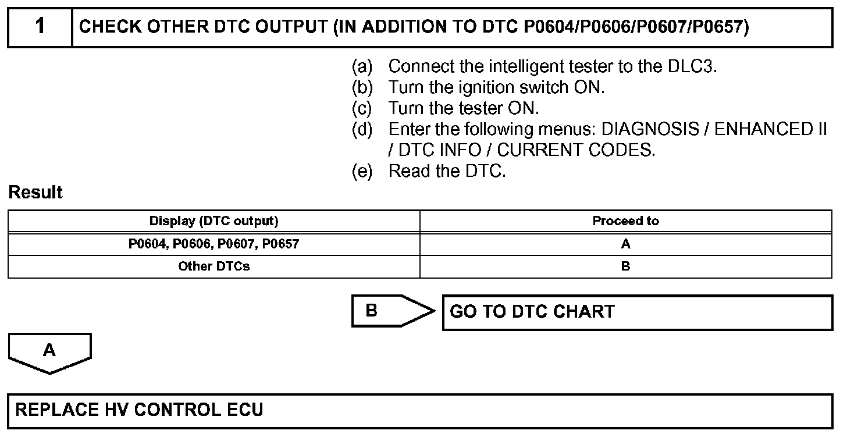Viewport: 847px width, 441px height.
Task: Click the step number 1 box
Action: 40,27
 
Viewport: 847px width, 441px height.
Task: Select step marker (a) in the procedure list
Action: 362,66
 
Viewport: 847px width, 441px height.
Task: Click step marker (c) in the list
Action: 362,108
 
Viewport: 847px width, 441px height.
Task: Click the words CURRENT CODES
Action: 576,150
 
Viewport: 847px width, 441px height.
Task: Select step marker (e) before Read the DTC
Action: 362,171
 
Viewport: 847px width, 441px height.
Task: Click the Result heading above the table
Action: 35,193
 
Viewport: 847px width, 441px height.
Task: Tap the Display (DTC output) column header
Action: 213,221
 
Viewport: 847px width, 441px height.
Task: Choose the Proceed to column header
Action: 625,221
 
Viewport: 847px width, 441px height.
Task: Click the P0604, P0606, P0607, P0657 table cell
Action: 213,244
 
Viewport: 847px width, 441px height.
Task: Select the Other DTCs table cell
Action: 213,267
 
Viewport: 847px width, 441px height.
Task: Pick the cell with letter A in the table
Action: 625,244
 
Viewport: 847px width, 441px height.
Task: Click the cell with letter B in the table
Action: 625,267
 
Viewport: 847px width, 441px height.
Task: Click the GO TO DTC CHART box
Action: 637,312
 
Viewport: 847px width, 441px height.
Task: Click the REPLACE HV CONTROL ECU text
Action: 139,410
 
